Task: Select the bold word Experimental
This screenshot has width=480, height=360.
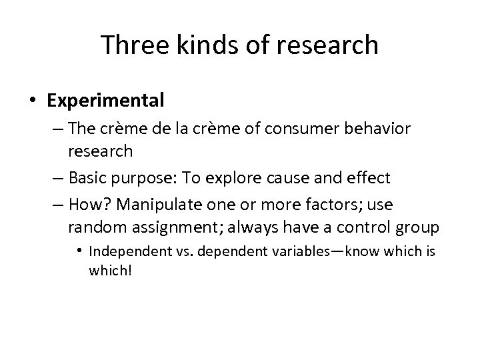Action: pyautogui.click(x=105, y=101)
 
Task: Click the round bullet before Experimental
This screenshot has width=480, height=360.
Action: pyautogui.click(x=34, y=101)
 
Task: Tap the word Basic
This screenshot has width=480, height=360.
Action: pyautogui.click(x=89, y=179)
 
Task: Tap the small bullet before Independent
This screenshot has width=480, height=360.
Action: pyautogui.click(x=79, y=251)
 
